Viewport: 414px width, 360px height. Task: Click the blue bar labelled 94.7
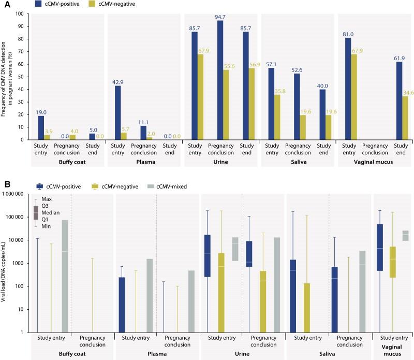tap(220, 80)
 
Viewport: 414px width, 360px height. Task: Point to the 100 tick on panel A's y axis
tap(21, 13)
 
